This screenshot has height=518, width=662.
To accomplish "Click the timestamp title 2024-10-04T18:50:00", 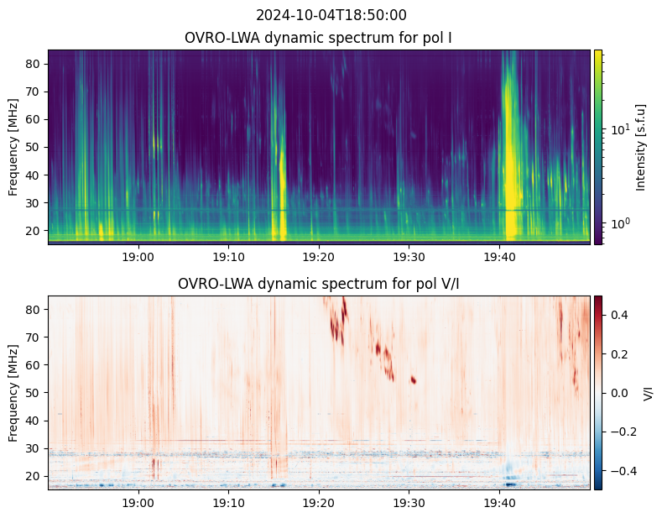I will pos(331,15).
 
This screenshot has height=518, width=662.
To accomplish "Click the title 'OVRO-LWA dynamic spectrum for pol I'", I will pos(319,38).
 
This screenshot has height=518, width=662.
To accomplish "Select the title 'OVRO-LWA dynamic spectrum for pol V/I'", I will pos(319,284).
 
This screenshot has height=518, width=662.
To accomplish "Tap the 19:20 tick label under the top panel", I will pos(319,256).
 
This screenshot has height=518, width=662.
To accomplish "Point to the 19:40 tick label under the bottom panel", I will pos(499,502).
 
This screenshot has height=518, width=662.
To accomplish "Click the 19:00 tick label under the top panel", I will pos(138,256).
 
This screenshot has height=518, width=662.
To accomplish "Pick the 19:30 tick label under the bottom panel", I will pos(409,502).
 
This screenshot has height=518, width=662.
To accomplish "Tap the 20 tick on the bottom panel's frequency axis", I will pos(34,476).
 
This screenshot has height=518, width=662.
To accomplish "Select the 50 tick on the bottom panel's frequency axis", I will pos(34,393).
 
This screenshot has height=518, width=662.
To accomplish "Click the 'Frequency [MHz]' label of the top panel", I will pos(13,147).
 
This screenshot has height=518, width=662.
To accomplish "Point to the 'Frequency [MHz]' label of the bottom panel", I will pos(13,393).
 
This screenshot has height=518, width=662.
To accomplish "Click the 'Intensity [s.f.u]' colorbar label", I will pos(641,147).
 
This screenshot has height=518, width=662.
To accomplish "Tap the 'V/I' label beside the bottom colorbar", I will pos(648,393).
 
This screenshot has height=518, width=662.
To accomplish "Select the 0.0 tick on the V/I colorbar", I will pos(618,393).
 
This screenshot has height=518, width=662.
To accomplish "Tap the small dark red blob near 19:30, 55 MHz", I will pos(414,379).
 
